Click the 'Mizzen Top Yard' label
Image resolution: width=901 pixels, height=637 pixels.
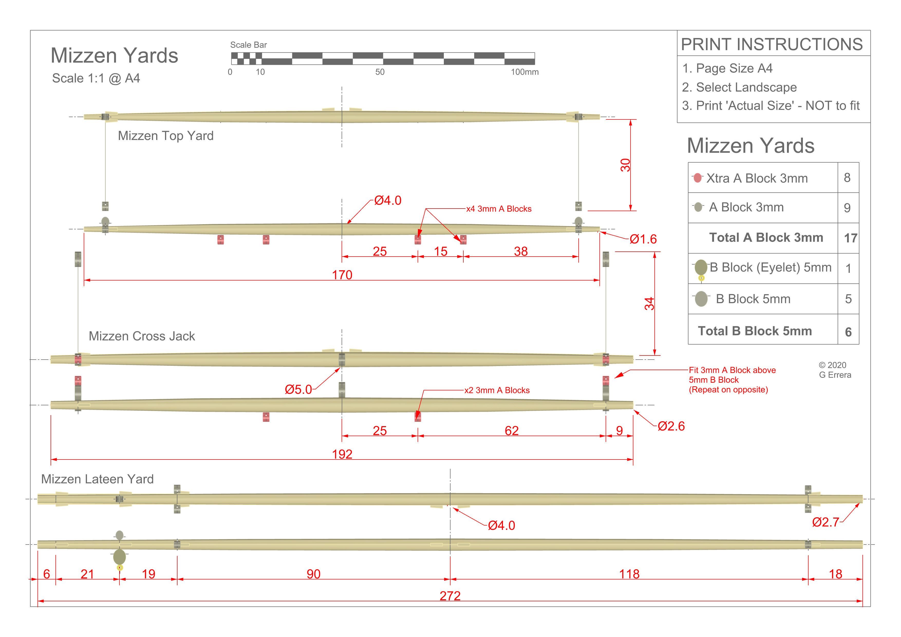[x=166, y=136]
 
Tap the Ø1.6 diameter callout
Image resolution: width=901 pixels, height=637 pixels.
[x=643, y=239]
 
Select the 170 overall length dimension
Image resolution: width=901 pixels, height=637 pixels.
[x=342, y=275]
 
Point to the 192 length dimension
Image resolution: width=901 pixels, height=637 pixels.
[x=342, y=454]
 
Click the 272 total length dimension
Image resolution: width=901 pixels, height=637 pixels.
[x=450, y=596]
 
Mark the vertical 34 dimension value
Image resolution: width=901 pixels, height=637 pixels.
[x=649, y=304]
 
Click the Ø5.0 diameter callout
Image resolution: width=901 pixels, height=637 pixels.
[x=298, y=389]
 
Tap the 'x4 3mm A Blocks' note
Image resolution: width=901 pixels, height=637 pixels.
[x=498, y=209]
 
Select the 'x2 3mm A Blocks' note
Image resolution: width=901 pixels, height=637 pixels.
[x=497, y=390]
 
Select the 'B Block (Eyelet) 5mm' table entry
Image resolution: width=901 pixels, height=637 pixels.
[x=770, y=267]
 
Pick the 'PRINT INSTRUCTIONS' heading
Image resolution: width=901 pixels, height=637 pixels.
[x=772, y=44]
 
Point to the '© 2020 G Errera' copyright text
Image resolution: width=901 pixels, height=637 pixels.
[x=835, y=370]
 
